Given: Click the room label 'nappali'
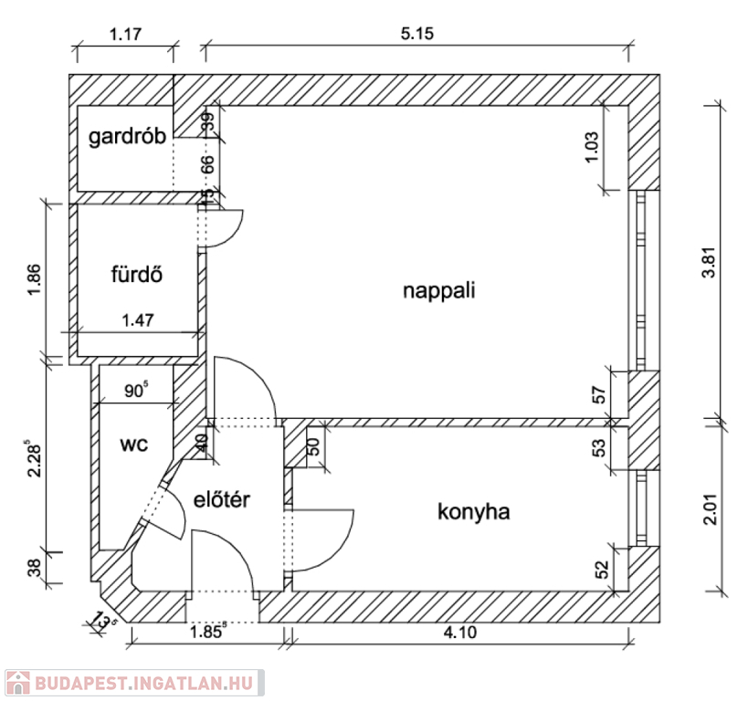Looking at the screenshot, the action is pyautogui.click(x=439, y=291).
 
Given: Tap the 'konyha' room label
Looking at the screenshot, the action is pyautogui.click(x=474, y=512).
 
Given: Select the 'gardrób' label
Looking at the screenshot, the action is pyautogui.click(x=127, y=137).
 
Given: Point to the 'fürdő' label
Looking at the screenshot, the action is pyautogui.click(x=137, y=274).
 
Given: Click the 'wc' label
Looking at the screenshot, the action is pyautogui.click(x=134, y=445).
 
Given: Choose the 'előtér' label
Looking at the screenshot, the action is pyautogui.click(x=222, y=500).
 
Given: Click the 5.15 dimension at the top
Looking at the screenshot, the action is pyautogui.click(x=417, y=34).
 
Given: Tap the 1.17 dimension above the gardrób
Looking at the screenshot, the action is pyautogui.click(x=125, y=35).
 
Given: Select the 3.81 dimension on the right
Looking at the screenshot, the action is pyautogui.click(x=711, y=262).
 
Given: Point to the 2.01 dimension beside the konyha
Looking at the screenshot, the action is pyautogui.click(x=711, y=509).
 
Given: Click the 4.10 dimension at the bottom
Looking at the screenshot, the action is pyautogui.click(x=460, y=633).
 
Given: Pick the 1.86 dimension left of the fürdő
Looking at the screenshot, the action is pyautogui.click(x=35, y=279).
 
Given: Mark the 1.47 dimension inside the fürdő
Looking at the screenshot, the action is pyautogui.click(x=138, y=320).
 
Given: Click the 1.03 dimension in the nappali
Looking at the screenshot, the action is pyautogui.click(x=591, y=147).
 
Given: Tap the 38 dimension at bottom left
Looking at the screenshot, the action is pyautogui.click(x=35, y=568).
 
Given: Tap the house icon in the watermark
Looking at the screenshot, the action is pyautogui.click(x=18, y=683).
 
